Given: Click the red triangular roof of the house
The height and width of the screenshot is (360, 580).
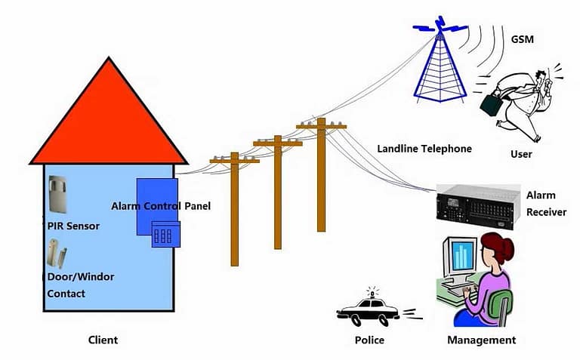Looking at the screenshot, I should [108, 121].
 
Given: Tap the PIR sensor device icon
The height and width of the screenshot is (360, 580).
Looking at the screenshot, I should [58, 198].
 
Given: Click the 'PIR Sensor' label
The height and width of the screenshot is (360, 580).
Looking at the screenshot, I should [73, 226].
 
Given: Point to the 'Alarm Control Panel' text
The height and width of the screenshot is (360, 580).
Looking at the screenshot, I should [161, 205].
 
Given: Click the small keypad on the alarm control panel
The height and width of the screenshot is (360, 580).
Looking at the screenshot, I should [164, 234].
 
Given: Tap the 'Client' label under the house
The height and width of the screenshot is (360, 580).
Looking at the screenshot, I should [103, 340].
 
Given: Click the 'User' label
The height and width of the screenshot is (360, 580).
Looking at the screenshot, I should [521, 154].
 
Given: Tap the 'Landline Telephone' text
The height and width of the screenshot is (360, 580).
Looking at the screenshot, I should [424, 149].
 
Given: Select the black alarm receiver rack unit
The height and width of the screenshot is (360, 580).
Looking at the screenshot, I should [475, 205].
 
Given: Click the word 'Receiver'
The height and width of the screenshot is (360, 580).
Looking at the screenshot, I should [546, 212].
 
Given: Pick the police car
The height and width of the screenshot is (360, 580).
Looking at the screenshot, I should [368, 309].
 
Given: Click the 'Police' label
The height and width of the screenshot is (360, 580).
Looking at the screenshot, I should [369, 340].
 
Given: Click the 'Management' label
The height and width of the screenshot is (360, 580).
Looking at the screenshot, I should [481, 340].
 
